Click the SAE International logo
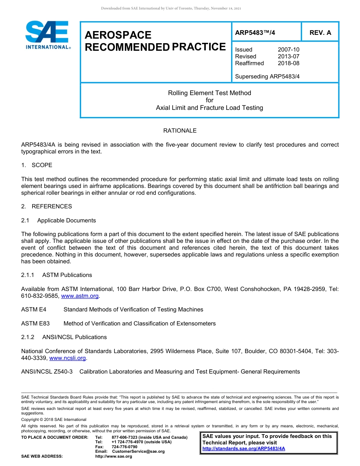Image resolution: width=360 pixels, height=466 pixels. point(47,35)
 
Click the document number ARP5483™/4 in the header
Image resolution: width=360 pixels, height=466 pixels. point(255,33)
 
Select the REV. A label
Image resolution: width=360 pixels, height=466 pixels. point(320,33)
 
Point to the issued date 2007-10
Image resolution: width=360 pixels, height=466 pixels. point(288,50)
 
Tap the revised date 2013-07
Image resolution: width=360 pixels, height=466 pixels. point(288,56)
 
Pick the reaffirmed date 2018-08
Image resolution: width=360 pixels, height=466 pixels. point(288,63)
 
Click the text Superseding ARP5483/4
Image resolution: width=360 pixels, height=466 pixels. point(267,77)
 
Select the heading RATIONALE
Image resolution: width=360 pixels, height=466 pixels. point(180,131)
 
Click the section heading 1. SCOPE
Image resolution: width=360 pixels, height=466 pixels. point(37,165)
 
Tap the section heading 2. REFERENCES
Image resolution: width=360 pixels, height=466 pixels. point(47,206)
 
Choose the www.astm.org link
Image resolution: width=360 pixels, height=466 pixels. point(80,296)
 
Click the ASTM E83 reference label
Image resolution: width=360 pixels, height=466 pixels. point(35,324)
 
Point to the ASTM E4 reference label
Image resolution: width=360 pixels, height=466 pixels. point(34,310)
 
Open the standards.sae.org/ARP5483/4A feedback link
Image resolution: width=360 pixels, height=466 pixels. point(244,449)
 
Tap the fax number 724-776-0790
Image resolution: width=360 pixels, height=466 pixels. point(124,447)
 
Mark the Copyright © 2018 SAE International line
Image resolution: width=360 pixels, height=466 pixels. point(54,419)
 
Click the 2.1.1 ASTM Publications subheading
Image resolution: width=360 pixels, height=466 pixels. point(56,275)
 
